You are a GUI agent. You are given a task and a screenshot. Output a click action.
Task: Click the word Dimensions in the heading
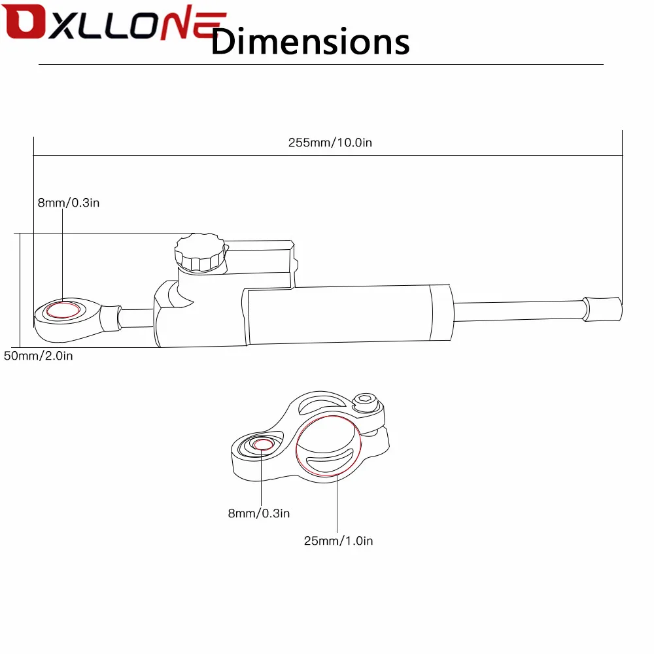(310, 41)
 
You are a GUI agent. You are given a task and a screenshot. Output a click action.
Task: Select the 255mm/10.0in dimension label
(330, 143)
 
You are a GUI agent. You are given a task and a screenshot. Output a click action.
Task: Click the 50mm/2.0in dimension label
(39, 356)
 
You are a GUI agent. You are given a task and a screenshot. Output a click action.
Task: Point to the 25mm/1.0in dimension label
(338, 541)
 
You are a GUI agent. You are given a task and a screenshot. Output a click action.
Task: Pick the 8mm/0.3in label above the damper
(69, 203)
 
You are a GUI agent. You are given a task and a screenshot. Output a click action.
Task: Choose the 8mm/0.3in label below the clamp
(258, 513)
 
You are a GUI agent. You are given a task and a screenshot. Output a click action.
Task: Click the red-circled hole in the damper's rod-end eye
(63, 310)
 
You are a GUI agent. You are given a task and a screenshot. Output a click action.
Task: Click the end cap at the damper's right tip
(602, 309)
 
